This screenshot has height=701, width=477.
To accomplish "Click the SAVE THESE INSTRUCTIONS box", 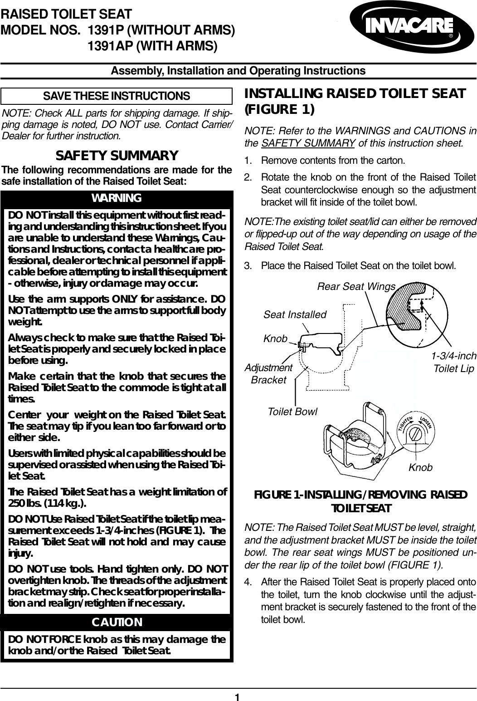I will [117, 96].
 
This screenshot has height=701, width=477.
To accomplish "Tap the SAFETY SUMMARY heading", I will [117, 156].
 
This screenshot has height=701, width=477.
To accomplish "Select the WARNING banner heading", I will [117, 198].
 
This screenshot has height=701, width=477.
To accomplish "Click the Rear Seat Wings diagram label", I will [356, 286].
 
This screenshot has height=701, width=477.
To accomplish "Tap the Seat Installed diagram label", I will [295, 314].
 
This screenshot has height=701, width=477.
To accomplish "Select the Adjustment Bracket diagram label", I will [268, 373].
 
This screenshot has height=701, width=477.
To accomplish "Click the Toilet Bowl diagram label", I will [292, 412].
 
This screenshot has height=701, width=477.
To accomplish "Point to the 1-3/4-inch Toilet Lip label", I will [453, 362].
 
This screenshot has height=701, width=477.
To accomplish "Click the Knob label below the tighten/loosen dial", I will [420, 467].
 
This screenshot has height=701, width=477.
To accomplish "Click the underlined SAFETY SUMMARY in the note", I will [308, 144].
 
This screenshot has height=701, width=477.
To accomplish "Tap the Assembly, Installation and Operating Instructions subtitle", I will [238, 71].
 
